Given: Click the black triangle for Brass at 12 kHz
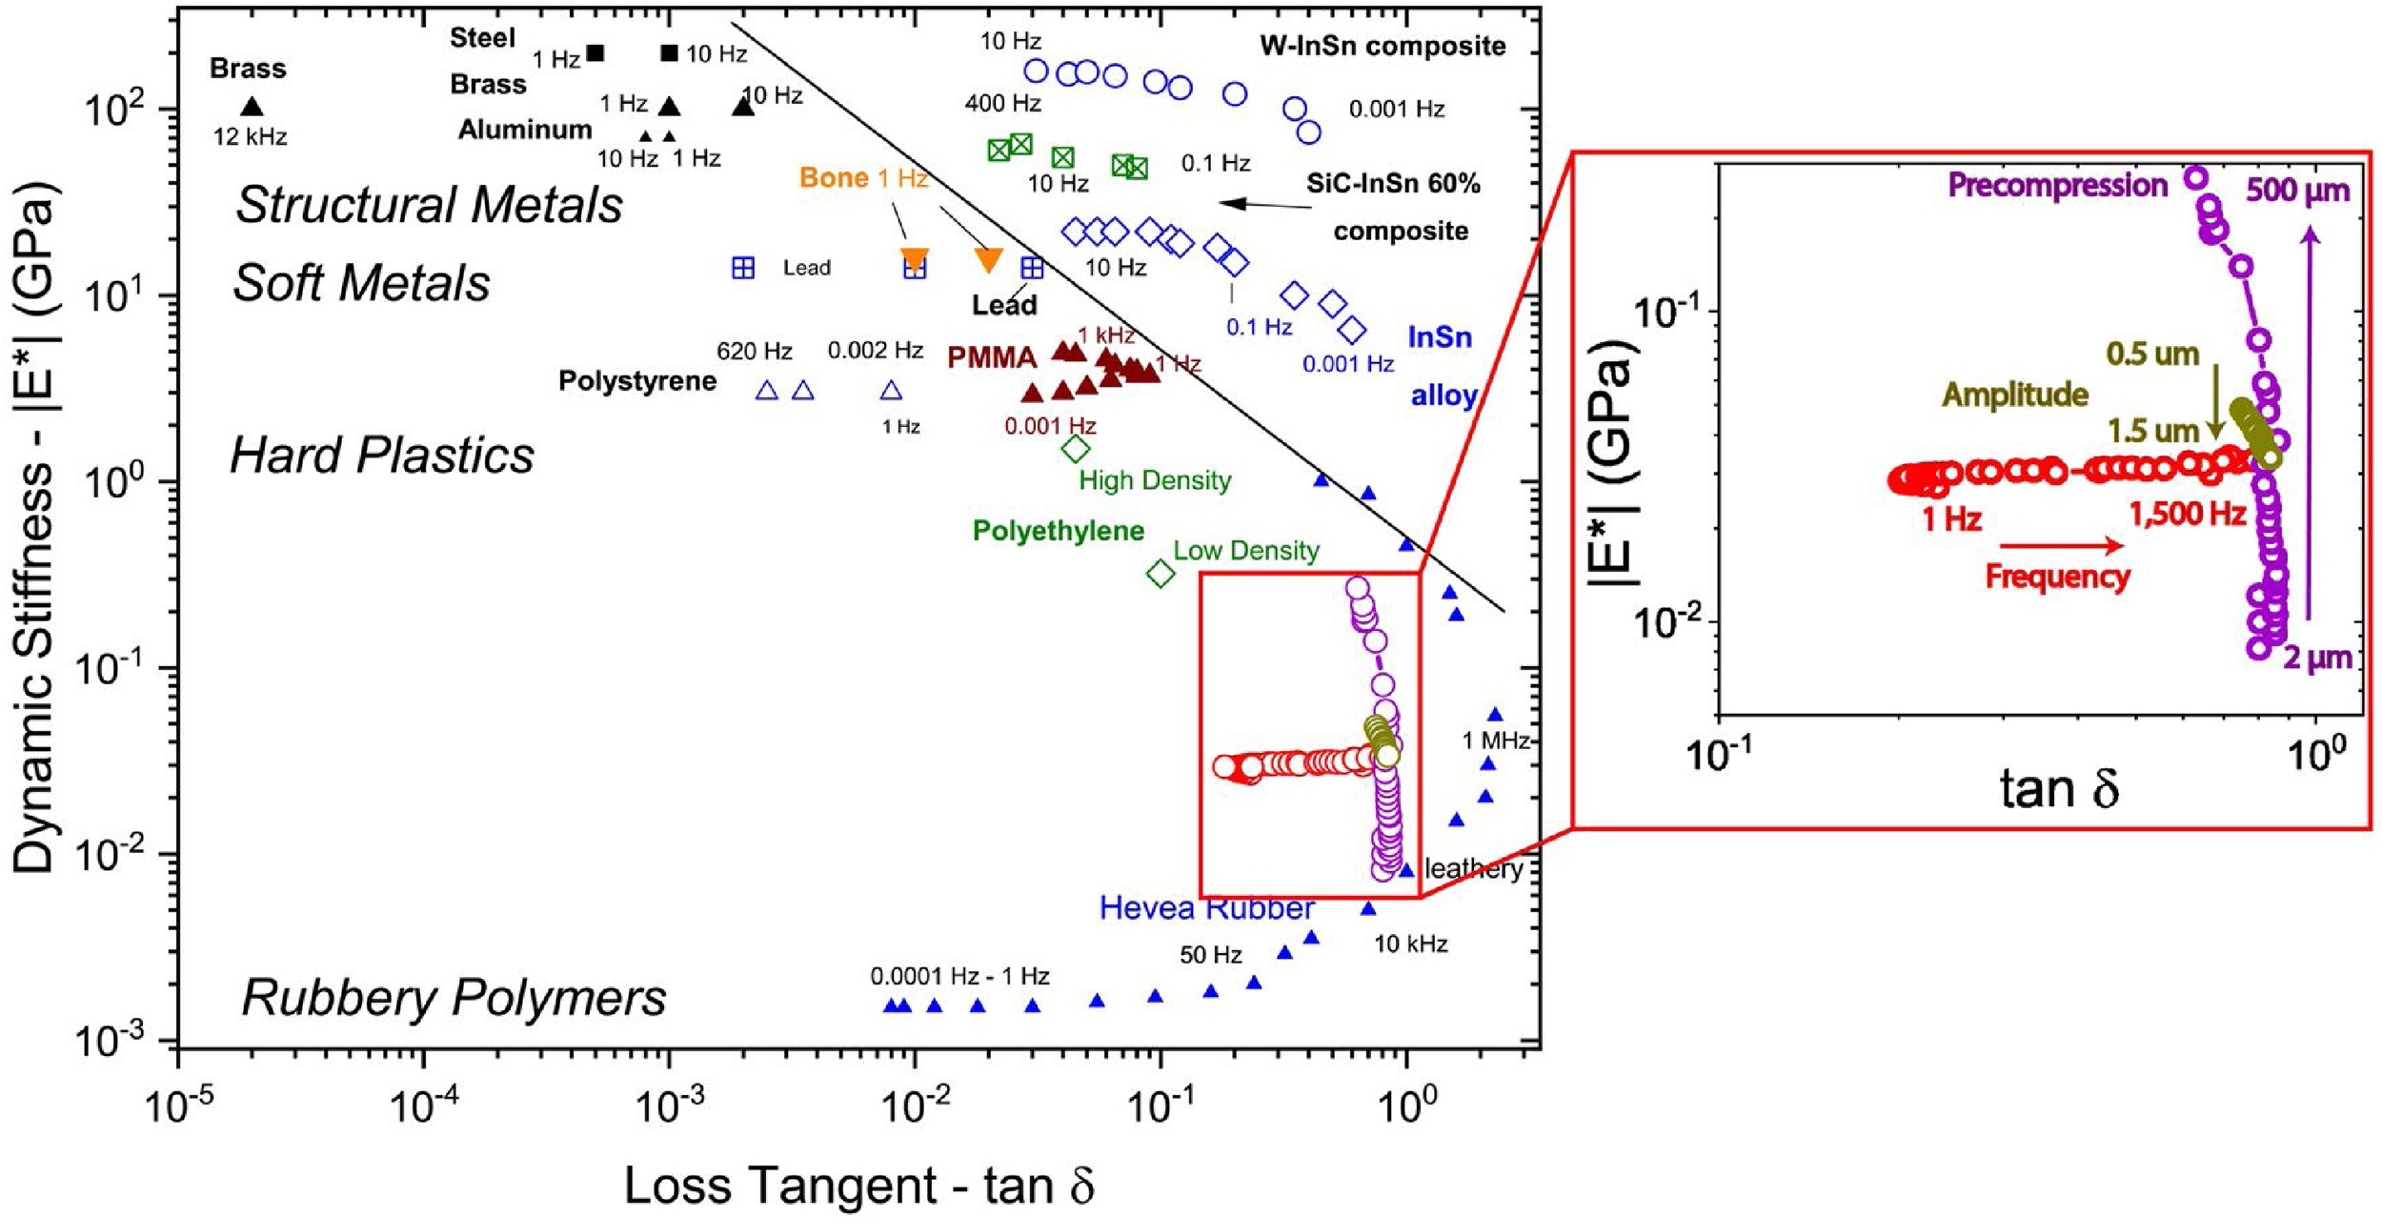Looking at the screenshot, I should (x=252, y=107).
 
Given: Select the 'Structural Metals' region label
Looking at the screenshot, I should (x=429, y=205).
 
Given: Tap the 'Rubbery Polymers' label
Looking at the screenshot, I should (x=454, y=998).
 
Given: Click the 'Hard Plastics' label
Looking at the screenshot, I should (x=382, y=456).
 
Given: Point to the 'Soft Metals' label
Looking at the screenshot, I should (x=361, y=283).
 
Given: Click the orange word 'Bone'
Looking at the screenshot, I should (x=834, y=178).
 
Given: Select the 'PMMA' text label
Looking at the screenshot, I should (x=992, y=357).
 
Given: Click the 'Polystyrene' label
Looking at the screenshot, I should (x=636, y=381).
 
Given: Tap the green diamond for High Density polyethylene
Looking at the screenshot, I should (x=1076, y=448).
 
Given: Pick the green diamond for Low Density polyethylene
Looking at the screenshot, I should (x=1161, y=574).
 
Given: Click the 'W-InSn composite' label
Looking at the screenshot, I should (x=1383, y=46).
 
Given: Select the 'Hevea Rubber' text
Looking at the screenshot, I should (x=1206, y=908).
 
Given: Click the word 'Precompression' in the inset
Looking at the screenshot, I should (x=2058, y=185).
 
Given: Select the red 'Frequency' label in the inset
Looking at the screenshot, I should (x=2057, y=577).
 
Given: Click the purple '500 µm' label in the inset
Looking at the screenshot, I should (x=2297, y=191).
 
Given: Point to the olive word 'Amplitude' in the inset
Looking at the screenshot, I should (x=2015, y=395).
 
